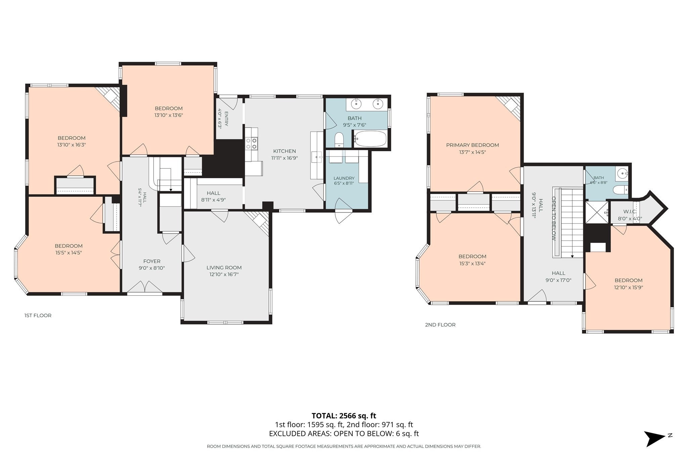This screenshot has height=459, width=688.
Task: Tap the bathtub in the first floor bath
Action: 371,138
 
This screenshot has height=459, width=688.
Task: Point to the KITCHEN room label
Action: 285,151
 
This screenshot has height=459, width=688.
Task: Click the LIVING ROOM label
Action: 224,267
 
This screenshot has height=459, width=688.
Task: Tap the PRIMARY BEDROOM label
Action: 472,145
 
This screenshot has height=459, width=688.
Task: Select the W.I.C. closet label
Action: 630,212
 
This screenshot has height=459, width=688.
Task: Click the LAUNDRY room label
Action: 344,178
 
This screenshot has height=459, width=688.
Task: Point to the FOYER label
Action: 152,261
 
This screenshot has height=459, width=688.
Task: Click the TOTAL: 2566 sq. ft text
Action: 344,416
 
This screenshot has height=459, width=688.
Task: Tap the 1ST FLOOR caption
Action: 38,316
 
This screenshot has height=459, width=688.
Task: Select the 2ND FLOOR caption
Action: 440,325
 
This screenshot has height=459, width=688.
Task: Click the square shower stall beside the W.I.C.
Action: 597,212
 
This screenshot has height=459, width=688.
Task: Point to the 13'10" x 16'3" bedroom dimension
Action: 71,145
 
